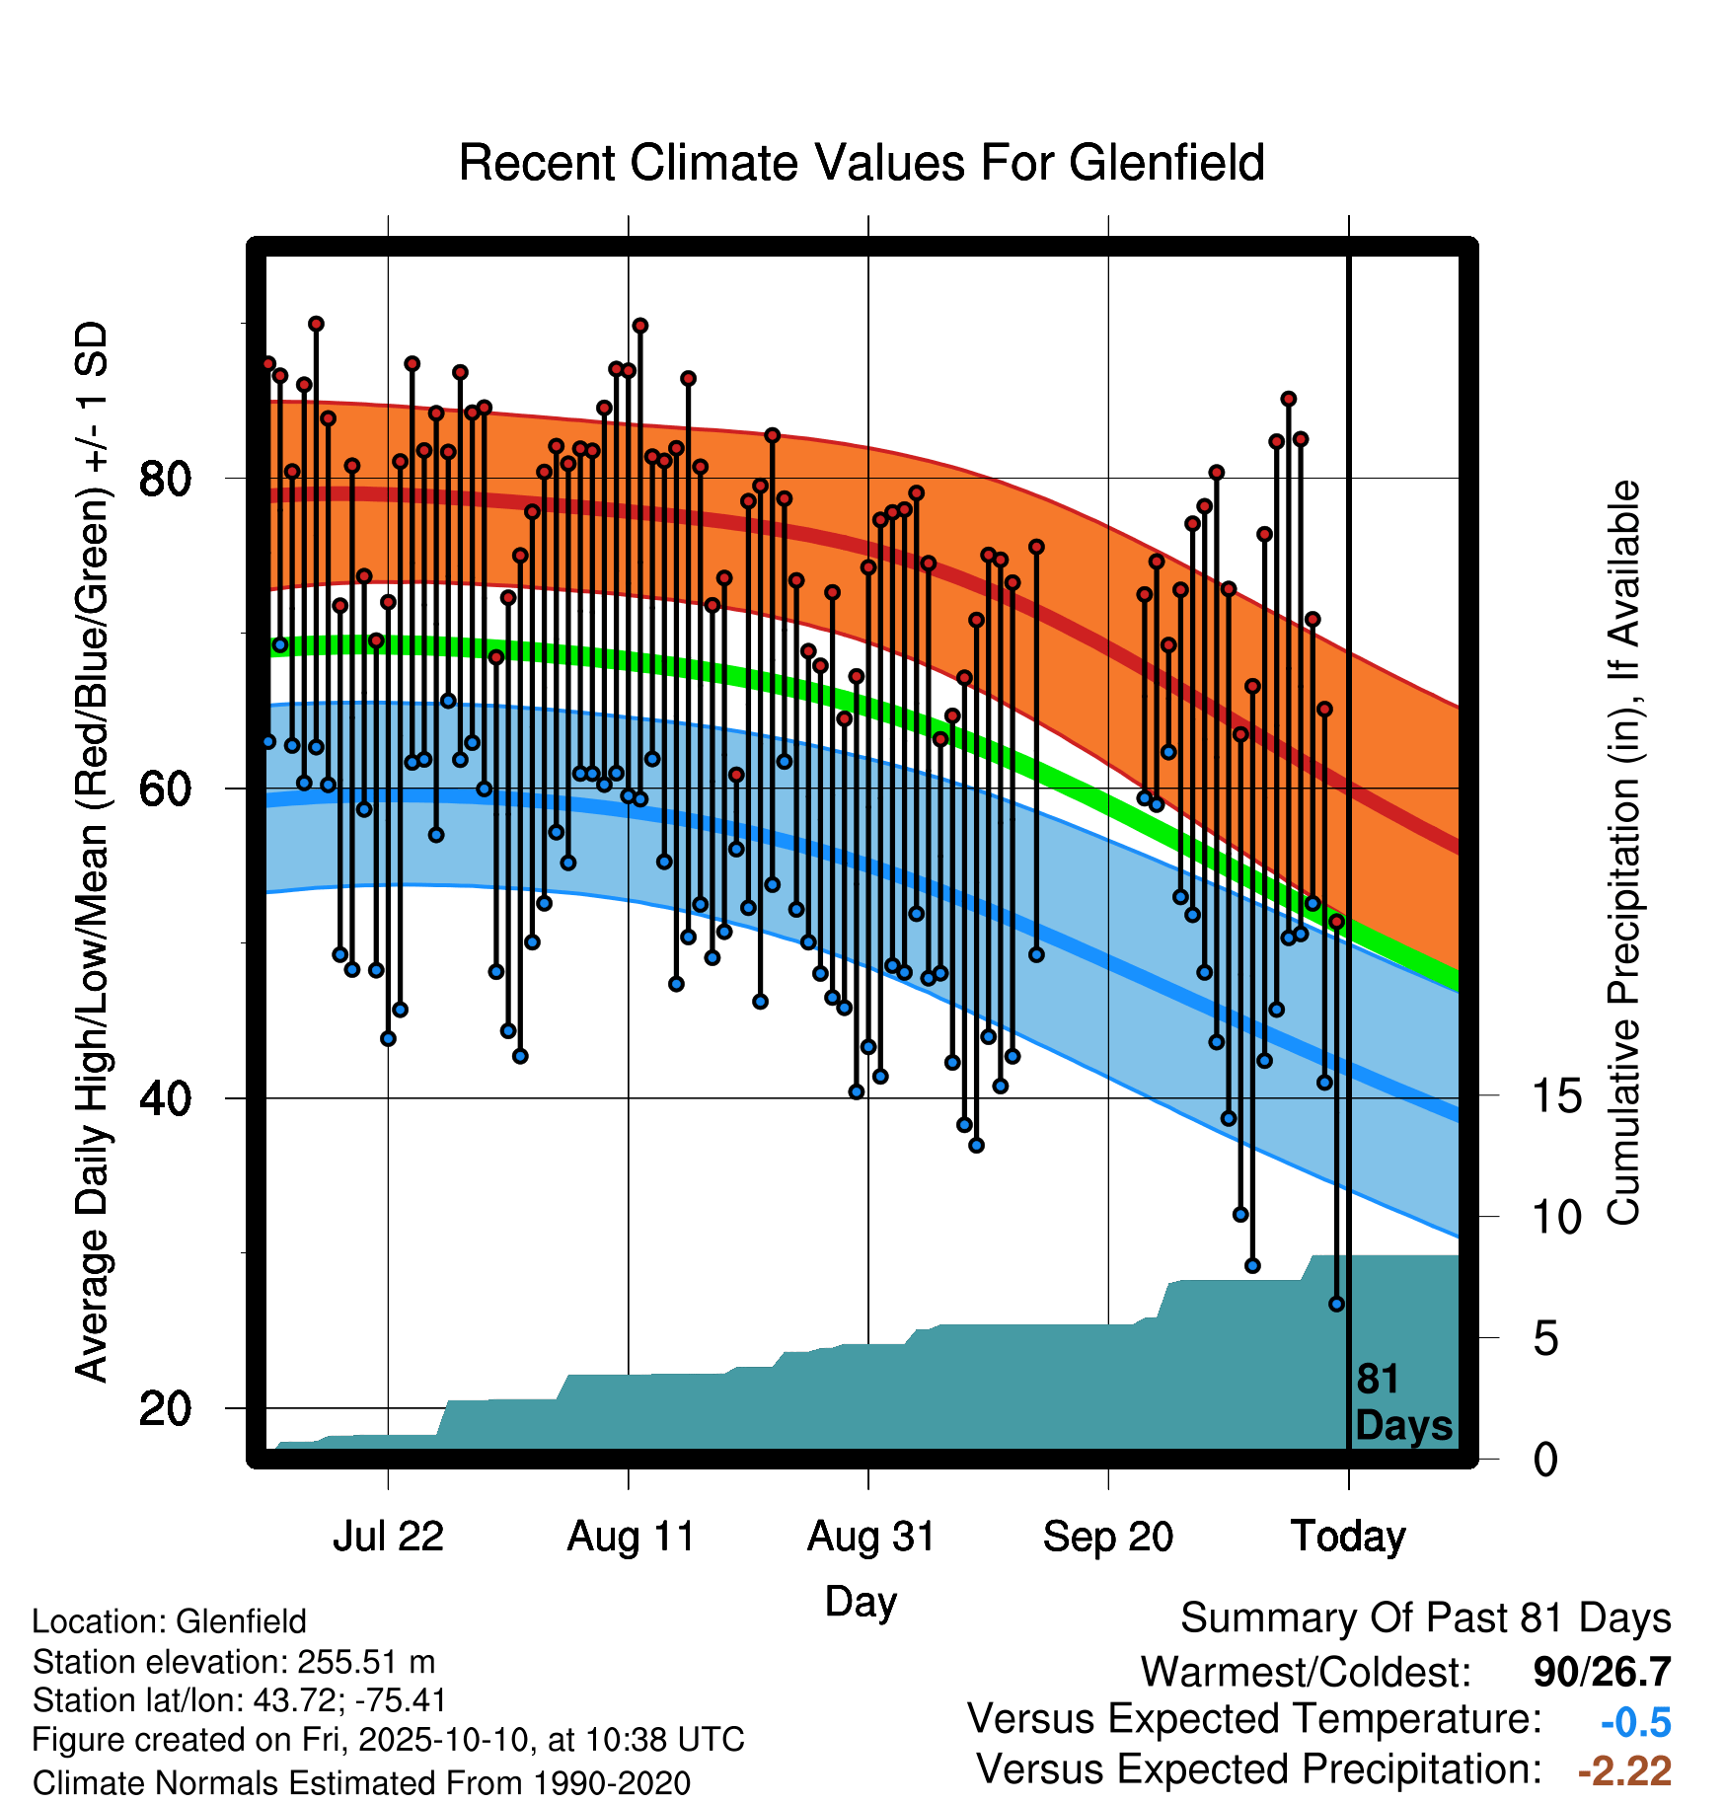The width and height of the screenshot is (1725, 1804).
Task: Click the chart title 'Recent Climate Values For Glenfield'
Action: tap(862, 163)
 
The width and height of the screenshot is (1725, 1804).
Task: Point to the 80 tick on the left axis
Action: tap(165, 479)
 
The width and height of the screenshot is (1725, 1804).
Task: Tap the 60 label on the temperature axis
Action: tap(165, 789)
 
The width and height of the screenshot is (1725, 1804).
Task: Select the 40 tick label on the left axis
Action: tap(165, 1098)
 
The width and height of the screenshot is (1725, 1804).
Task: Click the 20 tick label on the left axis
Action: tap(165, 1408)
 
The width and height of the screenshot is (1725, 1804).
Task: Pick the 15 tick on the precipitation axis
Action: tap(1557, 1096)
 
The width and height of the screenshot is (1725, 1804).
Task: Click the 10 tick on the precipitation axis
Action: tap(1557, 1218)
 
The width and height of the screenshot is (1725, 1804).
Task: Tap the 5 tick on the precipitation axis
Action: tap(1546, 1339)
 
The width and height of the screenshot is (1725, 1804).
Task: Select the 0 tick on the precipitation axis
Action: tap(1546, 1460)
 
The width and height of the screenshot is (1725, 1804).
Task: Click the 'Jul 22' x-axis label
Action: tap(388, 1537)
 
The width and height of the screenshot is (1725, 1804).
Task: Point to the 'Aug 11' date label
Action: tap(631, 1537)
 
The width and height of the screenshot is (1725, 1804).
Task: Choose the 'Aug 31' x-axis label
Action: tap(870, 1537)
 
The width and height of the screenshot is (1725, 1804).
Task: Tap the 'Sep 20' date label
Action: tap(1108, 1537)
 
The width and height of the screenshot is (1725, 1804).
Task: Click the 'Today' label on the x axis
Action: tap(1348, 1537)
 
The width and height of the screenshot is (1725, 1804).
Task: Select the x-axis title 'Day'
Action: tap(861, 1602)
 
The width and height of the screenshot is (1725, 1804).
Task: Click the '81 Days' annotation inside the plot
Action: tap(1403, 1402)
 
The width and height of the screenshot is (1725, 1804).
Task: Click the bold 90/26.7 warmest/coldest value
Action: tap(1603, 1673)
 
